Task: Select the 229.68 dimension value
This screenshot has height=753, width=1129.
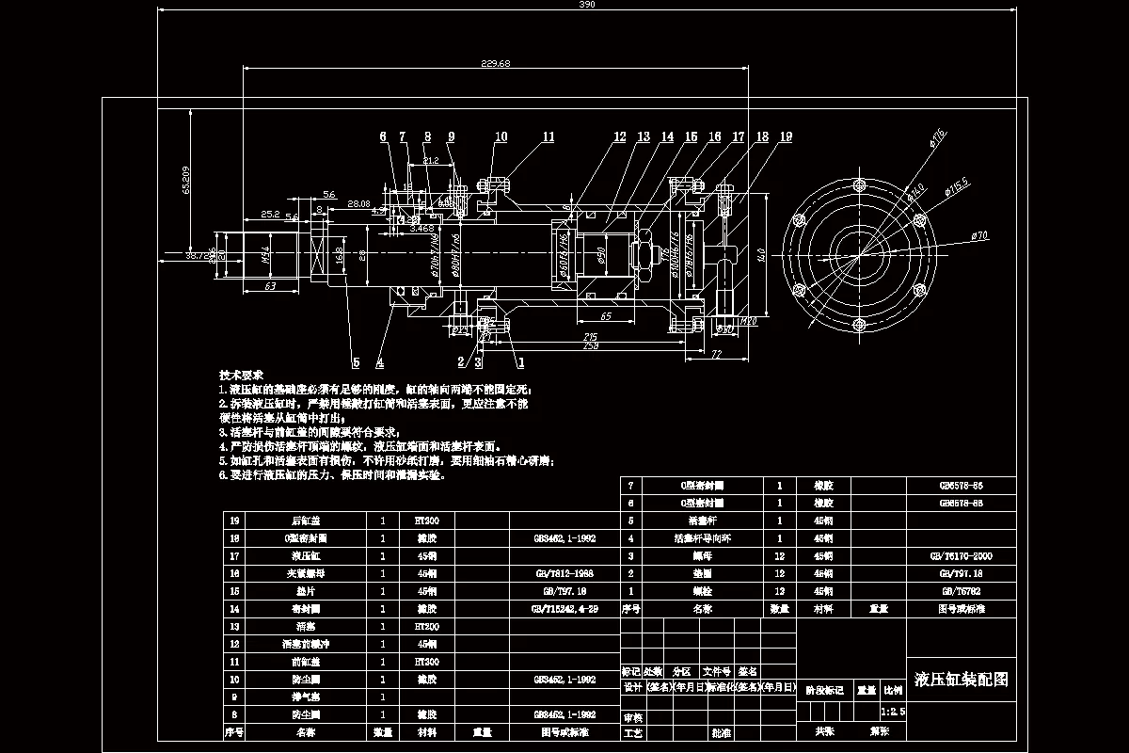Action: pyautogui.click(x=495, y=63)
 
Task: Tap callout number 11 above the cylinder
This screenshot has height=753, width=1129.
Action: pyautogui.click(x=548, y=136)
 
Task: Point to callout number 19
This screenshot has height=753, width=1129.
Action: pyautogui.click(x=786, y=136)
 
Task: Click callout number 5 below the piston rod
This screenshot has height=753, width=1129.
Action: pyautogui.click(x=356, y=360)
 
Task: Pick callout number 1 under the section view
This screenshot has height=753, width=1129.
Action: pyautogui.click(x=520, y=360)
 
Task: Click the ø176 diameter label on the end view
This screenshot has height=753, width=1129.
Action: pyautogui.click(x=937, y=137)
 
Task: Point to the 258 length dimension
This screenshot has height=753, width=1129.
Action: pyautogui.click(x=591, y=346)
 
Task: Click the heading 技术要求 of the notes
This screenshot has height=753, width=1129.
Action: pyautogui.click(x=241, y=374)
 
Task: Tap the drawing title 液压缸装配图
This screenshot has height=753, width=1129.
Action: pyautogui.click(x=961, y=680)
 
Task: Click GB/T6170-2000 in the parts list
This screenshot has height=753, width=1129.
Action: pyautogui.click(x=962, y=556)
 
